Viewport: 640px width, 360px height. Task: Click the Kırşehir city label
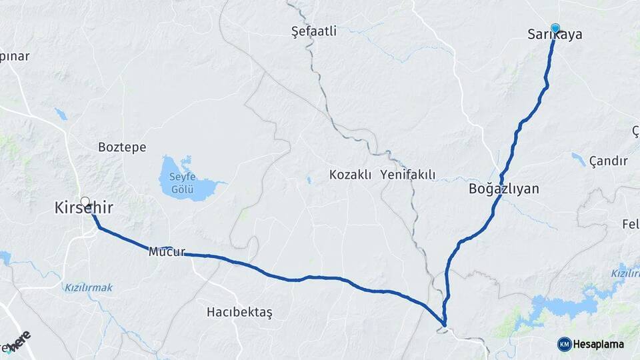[x=83, y=209]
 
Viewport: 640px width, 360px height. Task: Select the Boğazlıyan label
[x=503, y=189]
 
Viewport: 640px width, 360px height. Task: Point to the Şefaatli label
[x=315, y=31]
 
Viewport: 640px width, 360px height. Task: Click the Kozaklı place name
[x=351, y=175]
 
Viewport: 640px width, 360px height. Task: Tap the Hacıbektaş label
[x=239, y=311]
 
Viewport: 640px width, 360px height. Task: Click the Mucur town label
[x=166, y=253]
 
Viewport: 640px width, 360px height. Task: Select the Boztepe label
[x=122, y=147]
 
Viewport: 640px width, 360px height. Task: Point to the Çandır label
[x=608, y=161]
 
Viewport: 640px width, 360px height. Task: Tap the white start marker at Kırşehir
[x=85, y=201]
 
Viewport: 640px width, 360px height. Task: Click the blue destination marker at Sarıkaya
[x=555, y=27]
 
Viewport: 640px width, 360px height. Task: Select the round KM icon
[x=564, y=344]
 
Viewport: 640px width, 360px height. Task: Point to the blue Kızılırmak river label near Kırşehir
[x=89, y=287]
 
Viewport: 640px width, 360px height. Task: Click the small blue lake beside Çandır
[x=578, y=159]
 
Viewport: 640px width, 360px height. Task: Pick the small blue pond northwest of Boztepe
[x=61, y=115]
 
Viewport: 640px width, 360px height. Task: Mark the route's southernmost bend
[x=444, y=326]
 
